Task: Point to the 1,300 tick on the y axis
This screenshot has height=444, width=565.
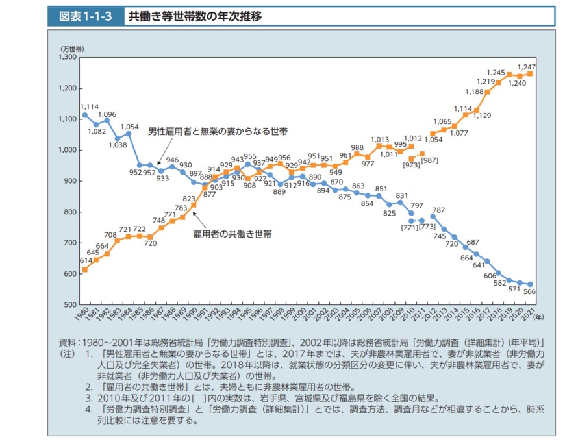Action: (67, 57)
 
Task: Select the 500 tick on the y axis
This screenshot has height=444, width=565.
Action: (70, 304)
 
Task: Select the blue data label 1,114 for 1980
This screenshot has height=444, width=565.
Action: (89, 107)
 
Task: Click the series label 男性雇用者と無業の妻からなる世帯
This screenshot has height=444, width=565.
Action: (218, 131)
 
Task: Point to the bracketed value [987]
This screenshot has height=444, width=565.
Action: (430, 160)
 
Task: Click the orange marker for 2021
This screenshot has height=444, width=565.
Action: (530, 73)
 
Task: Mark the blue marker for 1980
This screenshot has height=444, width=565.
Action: (84, 115)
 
